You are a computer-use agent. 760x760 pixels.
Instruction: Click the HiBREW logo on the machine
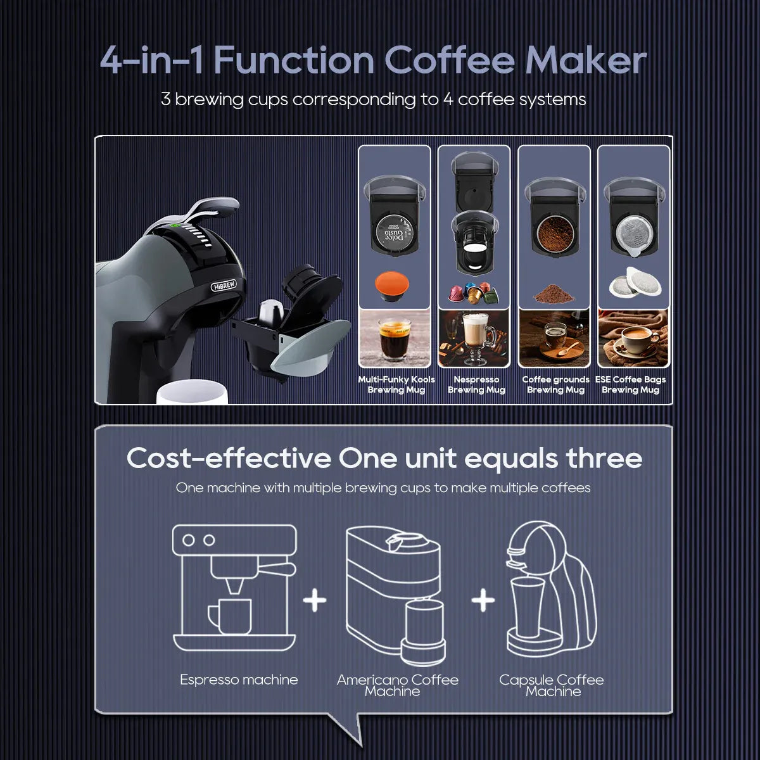coord(224,286)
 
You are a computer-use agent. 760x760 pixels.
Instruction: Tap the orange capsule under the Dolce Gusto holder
coord(391,286)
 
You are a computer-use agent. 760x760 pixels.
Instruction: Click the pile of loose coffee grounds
coord(554,293)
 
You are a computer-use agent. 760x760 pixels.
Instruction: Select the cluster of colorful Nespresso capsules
coord(473,293)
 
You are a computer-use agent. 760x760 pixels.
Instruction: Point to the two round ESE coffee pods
coord(635,282)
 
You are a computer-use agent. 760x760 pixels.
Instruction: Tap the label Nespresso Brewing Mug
coord(476,384)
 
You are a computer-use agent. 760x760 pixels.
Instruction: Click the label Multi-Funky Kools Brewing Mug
coord(396,384)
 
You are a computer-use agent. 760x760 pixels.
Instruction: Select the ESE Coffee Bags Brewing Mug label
coord(630,384)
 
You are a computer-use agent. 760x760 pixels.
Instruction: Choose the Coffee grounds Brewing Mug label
coord(555,384)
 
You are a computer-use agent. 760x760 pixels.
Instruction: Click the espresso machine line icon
coord(235,588)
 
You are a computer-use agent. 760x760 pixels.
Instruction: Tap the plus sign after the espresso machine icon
coord(315,600)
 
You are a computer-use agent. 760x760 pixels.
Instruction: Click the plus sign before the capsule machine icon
coord(483,600)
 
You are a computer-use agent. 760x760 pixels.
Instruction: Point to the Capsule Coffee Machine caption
coord(552,685)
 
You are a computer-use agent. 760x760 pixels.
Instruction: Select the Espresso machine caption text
coord(239,680)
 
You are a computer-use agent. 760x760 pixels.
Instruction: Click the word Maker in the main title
coord(586,60)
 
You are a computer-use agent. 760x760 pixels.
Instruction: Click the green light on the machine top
coord(174,226)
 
